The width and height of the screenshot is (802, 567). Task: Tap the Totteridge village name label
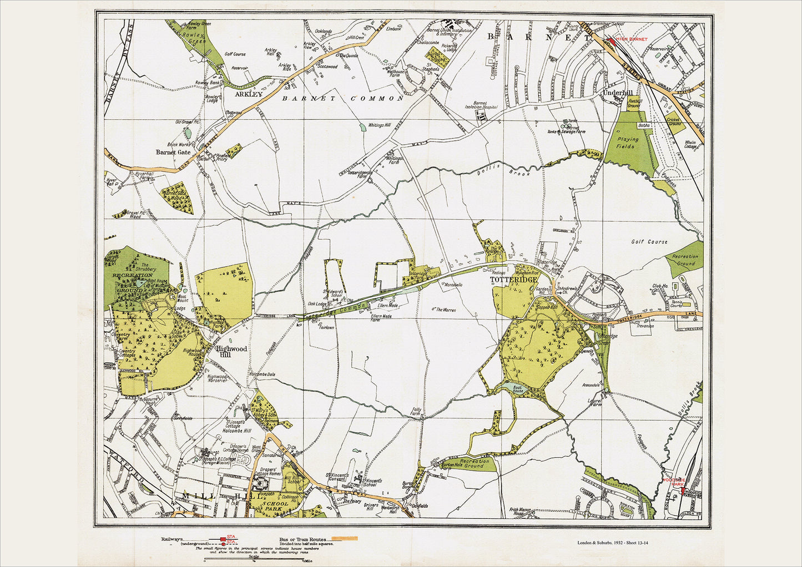[513, 281]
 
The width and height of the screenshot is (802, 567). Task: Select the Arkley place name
[248, 94]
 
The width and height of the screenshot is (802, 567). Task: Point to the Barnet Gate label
[173, 151]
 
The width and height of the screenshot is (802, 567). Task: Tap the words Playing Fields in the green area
[627, 143]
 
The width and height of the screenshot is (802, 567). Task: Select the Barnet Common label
[342, 98]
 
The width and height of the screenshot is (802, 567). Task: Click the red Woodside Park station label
[673, 482]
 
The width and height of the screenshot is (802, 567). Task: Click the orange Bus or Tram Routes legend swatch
[344, 538]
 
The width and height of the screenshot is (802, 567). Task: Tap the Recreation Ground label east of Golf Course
[685, 260]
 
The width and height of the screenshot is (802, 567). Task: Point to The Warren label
[445, 310]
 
